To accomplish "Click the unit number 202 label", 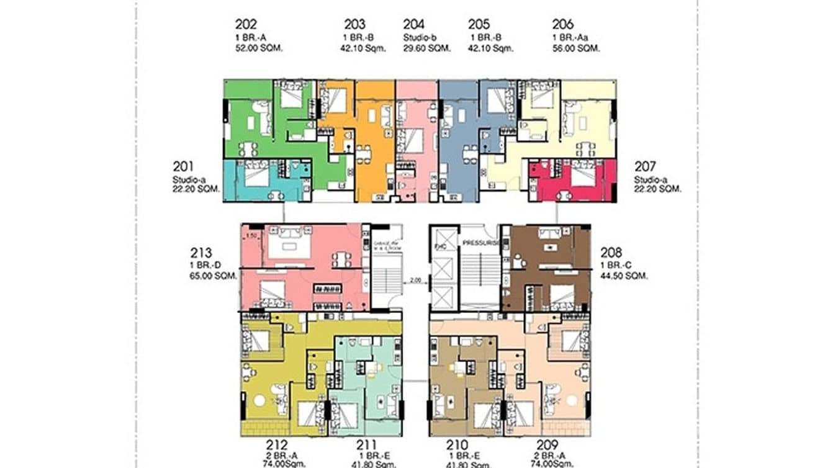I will point(246,25).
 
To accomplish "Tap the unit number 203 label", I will point(355,25).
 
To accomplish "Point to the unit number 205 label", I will point(479,25).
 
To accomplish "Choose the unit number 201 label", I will point(183,166).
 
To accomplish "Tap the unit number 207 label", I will point(645,166).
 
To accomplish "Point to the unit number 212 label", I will point(277,445).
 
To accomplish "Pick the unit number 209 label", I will point(548,445).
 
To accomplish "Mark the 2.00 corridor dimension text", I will point(415,281).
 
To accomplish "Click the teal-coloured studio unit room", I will point(261,180).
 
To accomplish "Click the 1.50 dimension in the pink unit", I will point(251,236).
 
